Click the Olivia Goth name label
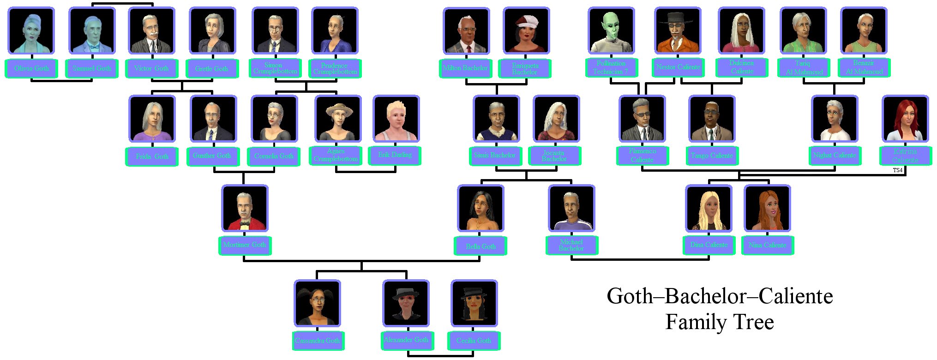pyautogui.click(x=31, y=68)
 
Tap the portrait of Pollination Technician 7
pyautogui.click(x=611, y=31)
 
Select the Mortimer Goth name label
pyautogui.click(x=245, y=245)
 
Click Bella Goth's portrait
pyautogui.click(x=481, y=209)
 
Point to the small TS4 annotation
pyautogui.click(x=897, y=170)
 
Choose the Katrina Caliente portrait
pyautogui.click(x=905, y=119)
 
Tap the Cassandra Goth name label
pyautogui.click(x=318, y=341)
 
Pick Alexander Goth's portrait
pyautogui.click(x=406, y=304)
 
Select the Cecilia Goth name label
pyautogui.click(x=474, y=341)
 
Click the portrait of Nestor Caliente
pyautogui.click(x=678, y=31)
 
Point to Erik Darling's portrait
pyautogui.click(x=396, y=119)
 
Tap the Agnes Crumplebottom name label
pyautogui.click(x=336, y=155)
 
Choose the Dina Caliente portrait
pyautogui.click(x=709, y=209)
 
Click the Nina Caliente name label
pyautogui.click(x=768, y=245)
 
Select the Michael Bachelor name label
pyautogui.click(x=571, y=245)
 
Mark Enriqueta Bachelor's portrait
pyautogui.click(x=526, y=31)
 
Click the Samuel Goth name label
pyautogui.click(x=92, y=68)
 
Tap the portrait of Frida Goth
pyautogui.click(x=152, y=119)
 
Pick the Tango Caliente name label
pyautogui.click(x=712, y=156)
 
